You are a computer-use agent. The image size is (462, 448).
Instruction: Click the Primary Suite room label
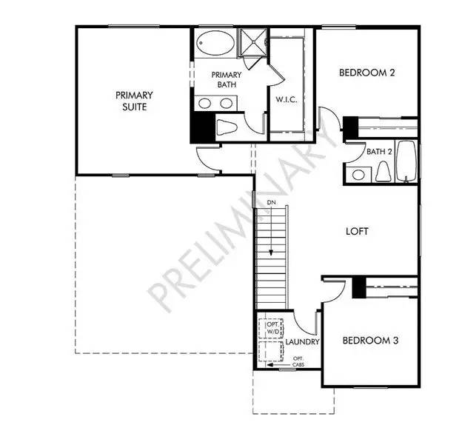pos(134,101)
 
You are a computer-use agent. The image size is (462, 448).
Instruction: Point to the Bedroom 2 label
pos(366,73)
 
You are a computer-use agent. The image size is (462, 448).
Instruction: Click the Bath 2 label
pos(379,152)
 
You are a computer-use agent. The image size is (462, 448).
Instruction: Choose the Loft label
pos(357,231)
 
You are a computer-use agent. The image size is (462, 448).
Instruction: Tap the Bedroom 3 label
pos(370,341)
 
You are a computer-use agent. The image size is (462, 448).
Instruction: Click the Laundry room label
pos(303,343)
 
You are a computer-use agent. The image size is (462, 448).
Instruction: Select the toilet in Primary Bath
pos(226,127)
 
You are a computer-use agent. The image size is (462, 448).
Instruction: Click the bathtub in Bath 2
pos(407,161)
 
